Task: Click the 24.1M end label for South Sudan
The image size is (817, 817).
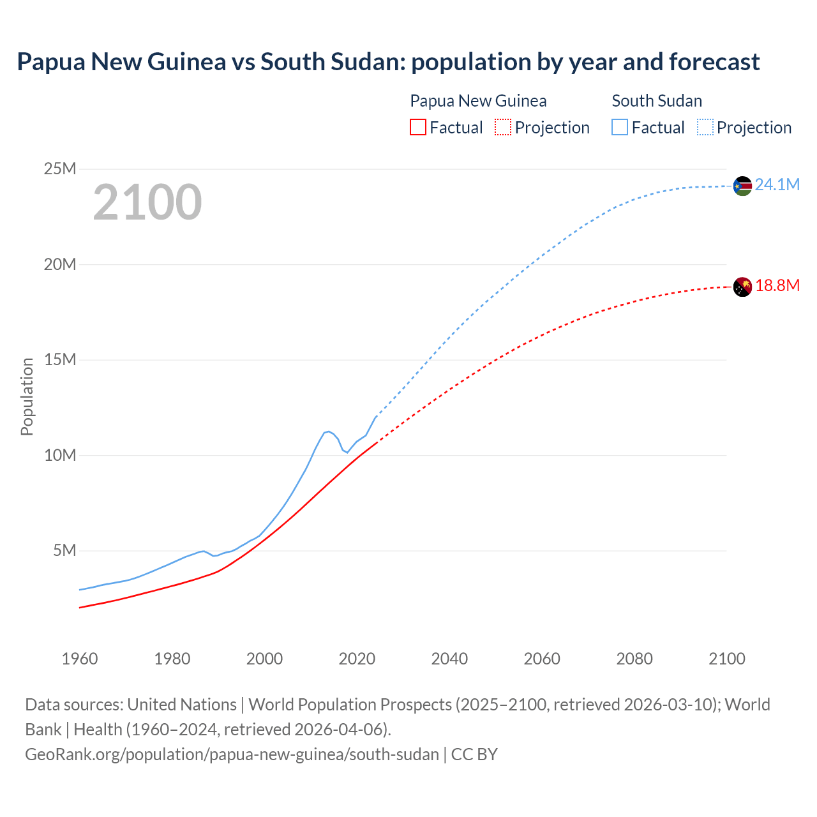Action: pos(777,185)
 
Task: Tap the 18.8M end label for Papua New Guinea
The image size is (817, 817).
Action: pos(777,286)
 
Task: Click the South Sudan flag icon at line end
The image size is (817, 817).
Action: pos(742,186)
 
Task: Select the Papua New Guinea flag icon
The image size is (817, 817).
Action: pos(742,287)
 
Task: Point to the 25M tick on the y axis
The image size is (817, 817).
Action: pos(59,169)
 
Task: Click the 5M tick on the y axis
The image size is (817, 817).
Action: pos(64,550)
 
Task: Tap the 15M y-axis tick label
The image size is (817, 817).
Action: pos(59,360)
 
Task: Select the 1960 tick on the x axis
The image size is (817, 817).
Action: pos(80,659)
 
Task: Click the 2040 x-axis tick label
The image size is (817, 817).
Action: pos(449,659)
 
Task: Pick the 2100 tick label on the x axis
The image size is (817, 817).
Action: pos(726,659)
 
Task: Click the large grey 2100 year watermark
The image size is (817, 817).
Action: pos(147,202)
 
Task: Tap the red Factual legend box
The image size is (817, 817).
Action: pos(417,128)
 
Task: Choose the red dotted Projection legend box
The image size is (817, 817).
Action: pos(503,128)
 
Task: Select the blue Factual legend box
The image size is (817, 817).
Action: pos(620,128)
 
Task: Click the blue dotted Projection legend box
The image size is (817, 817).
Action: pos(705,128)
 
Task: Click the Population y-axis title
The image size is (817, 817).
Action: pos(27,396)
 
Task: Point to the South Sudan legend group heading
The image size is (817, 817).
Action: pos(657,101)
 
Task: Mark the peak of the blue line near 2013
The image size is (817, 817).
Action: pos(328,431)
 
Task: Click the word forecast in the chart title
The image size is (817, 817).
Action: pos(714,62)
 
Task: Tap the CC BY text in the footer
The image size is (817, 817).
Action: pos(474,754)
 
